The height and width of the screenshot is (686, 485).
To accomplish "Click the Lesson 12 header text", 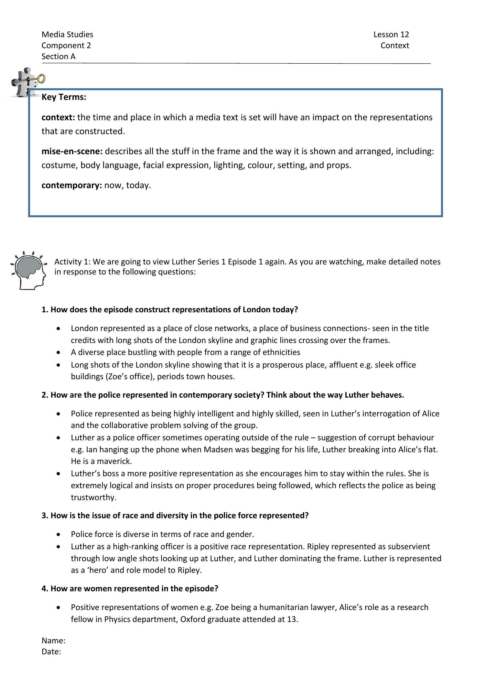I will click(x=391, y=34).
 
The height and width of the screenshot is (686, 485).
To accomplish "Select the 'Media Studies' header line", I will click(x=67, y=34).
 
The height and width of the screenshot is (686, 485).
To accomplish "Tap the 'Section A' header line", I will click(x=59, y=56).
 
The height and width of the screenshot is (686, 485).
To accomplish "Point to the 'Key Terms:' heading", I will click(x=64, y=97).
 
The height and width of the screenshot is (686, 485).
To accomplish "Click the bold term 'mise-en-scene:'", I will click(x=72, y=151).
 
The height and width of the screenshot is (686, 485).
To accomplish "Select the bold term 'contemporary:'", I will click(x=71, y=185).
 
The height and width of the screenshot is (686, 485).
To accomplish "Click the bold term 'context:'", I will click(x=58, y=117).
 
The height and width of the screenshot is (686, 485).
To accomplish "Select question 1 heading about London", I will click(x=169, y=309).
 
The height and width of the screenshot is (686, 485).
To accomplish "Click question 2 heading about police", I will click(x=222, y=395).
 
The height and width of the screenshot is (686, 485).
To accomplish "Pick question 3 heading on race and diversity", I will click(x=175, y=515).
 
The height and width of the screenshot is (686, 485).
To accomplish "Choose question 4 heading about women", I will click(x=130, y=588).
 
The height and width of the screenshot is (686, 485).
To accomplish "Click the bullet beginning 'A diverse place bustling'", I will click(x=185, y=352).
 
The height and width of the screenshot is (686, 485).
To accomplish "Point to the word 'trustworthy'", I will click(x=93, y=497).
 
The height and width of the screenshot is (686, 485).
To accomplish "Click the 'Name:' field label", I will click(x=53, y=640).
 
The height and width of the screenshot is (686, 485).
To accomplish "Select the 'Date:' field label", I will click(x=51, y=651).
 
